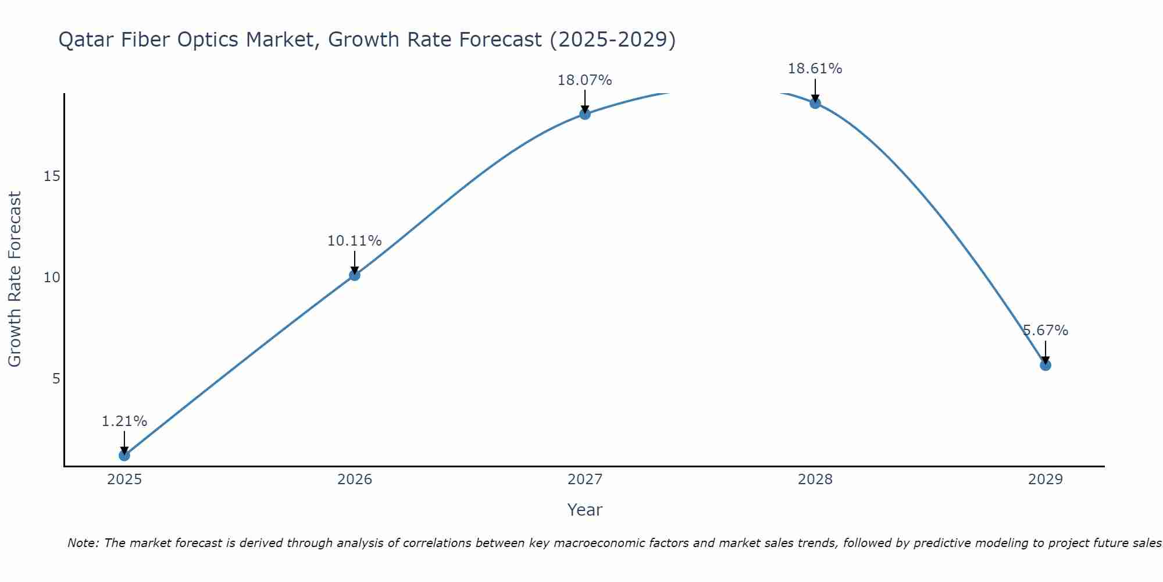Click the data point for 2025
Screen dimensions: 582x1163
pos(124,455)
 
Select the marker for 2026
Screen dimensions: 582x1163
pos(355,275)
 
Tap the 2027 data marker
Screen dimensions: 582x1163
pos(585,114)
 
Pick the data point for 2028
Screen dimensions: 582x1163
pos(815,103)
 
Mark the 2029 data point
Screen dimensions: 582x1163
pos(1046,365)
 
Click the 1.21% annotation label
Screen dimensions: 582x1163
pos(124,421)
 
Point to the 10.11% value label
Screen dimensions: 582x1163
pos(354,241)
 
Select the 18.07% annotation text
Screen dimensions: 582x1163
pos(584,80)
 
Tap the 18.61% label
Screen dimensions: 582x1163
pos(815,69)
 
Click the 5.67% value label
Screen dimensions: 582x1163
pos(1046,331)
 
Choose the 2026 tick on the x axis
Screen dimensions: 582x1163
pos(355,480)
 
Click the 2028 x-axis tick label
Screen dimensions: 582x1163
pos(815,480)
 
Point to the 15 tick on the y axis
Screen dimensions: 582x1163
pos(52,176)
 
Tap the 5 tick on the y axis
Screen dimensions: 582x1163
pos(56,379)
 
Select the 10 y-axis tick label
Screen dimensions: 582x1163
pos(52,278)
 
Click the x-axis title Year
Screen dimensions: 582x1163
pos(584,510)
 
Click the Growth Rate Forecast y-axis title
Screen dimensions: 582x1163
pos(15,279)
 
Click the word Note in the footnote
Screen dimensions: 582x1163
pos(83,543)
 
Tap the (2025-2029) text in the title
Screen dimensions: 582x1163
pos(612,40)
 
